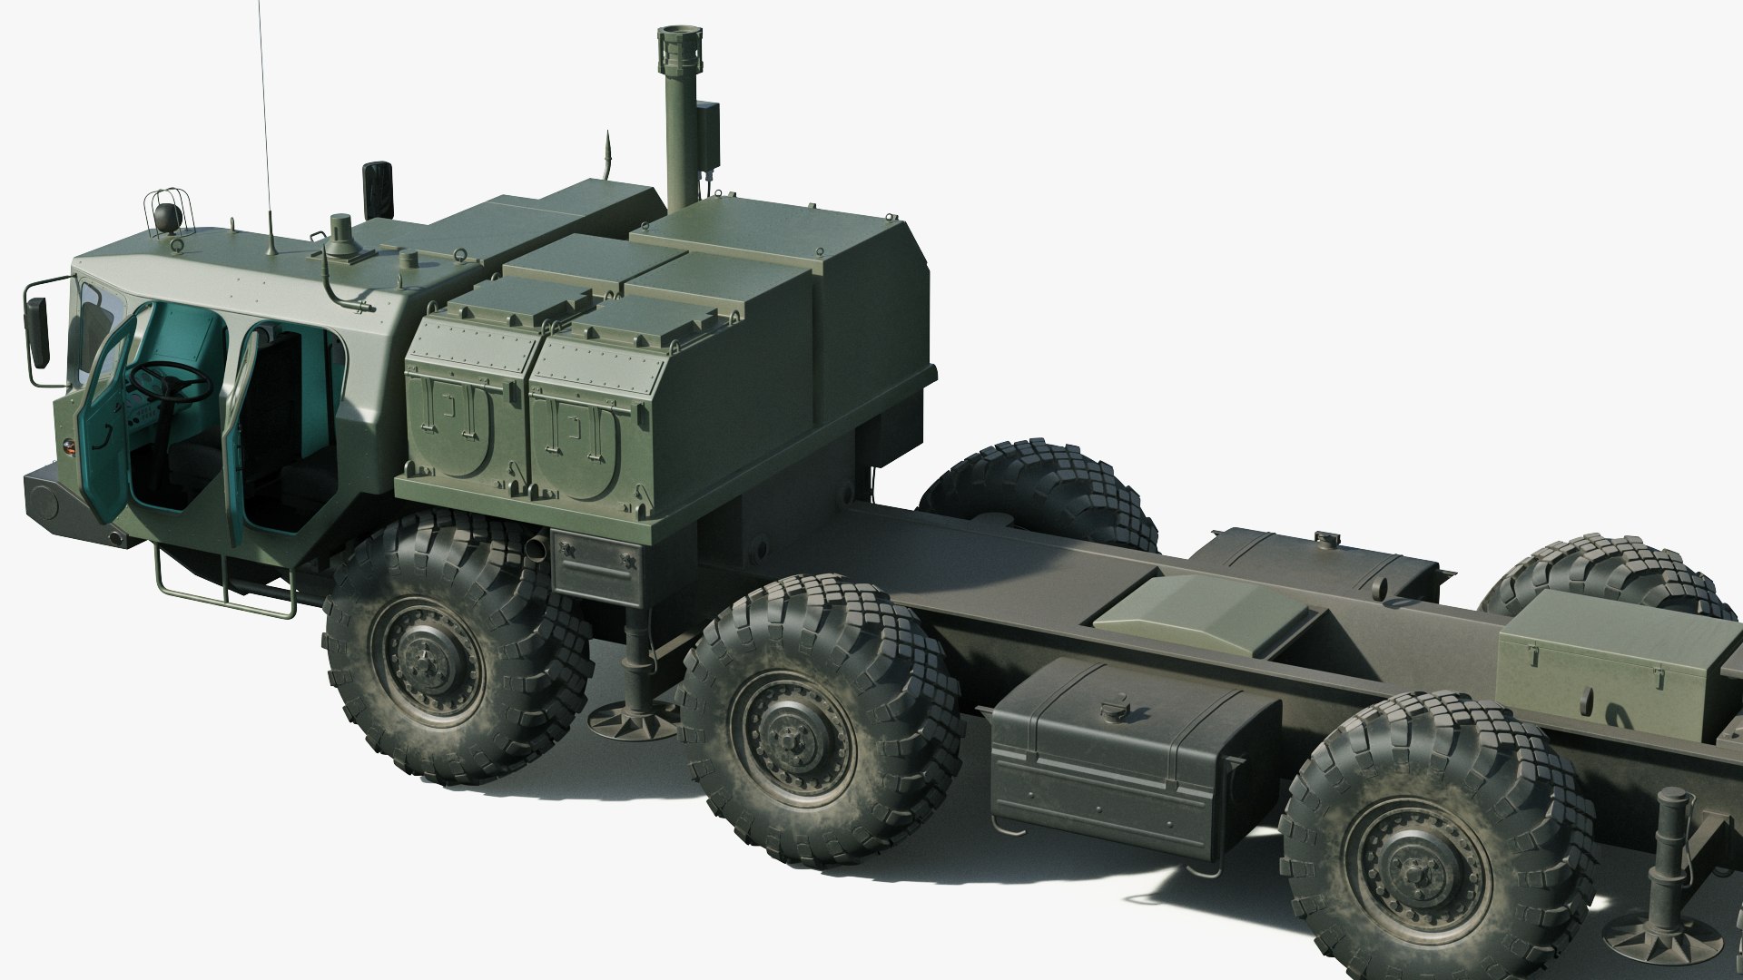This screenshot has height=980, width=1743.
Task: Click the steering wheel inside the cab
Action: pyautogui.click(x=172, y=380)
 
